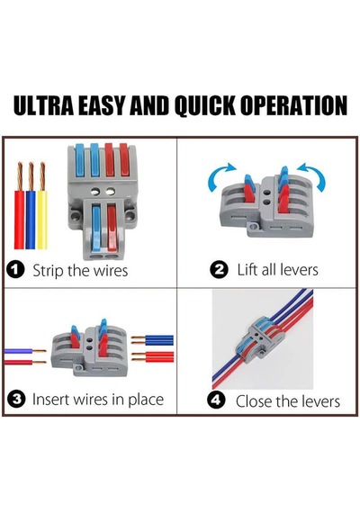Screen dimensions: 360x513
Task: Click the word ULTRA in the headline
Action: pyautogui.click(x=43, y=105)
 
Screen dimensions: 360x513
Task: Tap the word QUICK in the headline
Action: pyautogui.click(x=205, y=106)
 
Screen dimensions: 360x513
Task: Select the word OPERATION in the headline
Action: pyautogui.click(x=293, y=105)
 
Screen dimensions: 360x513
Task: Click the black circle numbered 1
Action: pyautogui.click(x=15, y=270)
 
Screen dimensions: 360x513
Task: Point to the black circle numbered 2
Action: pyautogui.click(x=219, y=270)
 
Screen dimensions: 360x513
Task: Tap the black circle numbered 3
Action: pyautogui.click(x=16, y=399)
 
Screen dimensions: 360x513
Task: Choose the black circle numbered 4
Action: pyautogui.click(x=216, y=400)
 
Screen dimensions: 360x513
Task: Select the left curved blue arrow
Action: pyautogui.click(x=220, y=176)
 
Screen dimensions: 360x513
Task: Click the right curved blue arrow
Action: pyautogui.click(x=312, y=176)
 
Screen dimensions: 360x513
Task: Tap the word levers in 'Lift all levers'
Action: pyautogui.click(x=298, y=270)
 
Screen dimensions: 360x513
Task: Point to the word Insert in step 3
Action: pyautogui.click(x=51, y=399)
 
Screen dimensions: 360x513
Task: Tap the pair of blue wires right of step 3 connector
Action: pyautogui.click(x=152, y=340)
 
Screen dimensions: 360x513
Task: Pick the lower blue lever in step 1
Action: pyautogui.click(x=96, y=228)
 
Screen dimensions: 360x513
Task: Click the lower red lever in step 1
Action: pyautogui.click(x=112, y=228)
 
